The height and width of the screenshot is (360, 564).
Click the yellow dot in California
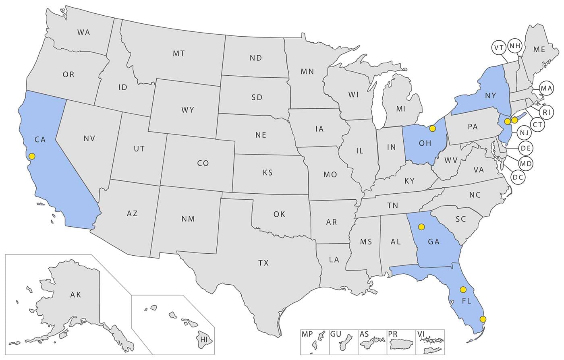coord(32,156)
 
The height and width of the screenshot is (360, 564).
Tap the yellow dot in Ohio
coord(432,128)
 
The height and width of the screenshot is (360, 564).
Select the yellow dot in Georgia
coord(421,227)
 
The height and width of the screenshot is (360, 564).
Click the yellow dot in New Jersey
coord(508,121)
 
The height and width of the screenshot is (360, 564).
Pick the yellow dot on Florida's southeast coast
coord(483,319)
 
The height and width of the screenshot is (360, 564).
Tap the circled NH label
coord(515,46)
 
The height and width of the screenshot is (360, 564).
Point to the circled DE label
coord(525,148)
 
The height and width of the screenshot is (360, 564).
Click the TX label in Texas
coord(263,263)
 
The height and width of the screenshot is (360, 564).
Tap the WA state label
coord(83,32)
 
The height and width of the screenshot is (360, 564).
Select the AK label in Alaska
coord(75,295)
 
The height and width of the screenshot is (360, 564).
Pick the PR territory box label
coord(393,334)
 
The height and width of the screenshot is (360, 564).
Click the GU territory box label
coord(336,334)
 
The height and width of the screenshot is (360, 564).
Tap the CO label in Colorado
coord(203,163)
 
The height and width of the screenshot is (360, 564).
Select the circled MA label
coord(546,88)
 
